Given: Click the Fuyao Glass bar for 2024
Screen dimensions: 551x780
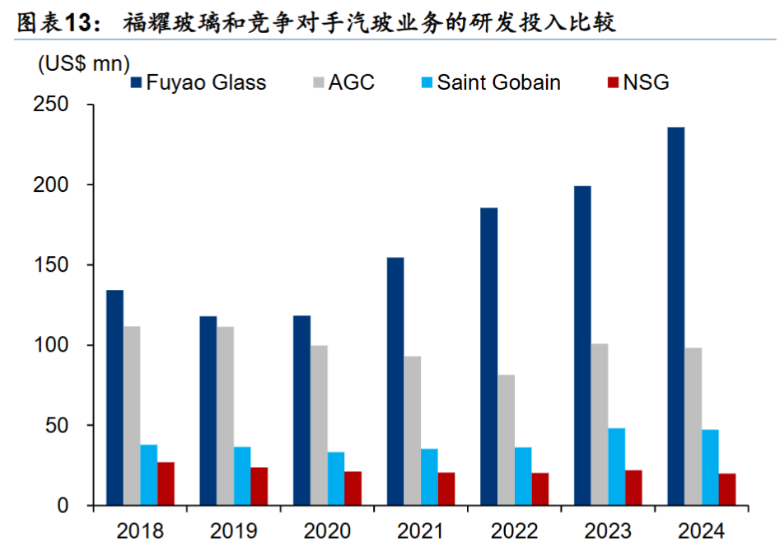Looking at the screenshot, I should click(x=675, y=316).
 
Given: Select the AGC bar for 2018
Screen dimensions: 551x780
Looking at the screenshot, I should click(x=132, y=415).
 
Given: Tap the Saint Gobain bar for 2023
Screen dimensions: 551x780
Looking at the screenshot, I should click(x=616, y=466).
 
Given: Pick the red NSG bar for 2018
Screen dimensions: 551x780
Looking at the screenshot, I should click(x=166, y=483).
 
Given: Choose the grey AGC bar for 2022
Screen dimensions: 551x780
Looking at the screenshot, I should click(x=506, y=440).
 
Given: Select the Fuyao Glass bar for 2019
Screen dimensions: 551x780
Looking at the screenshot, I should click(x=208, y=410).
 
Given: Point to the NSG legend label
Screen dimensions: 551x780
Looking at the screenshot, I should click(x=646, y=82).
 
